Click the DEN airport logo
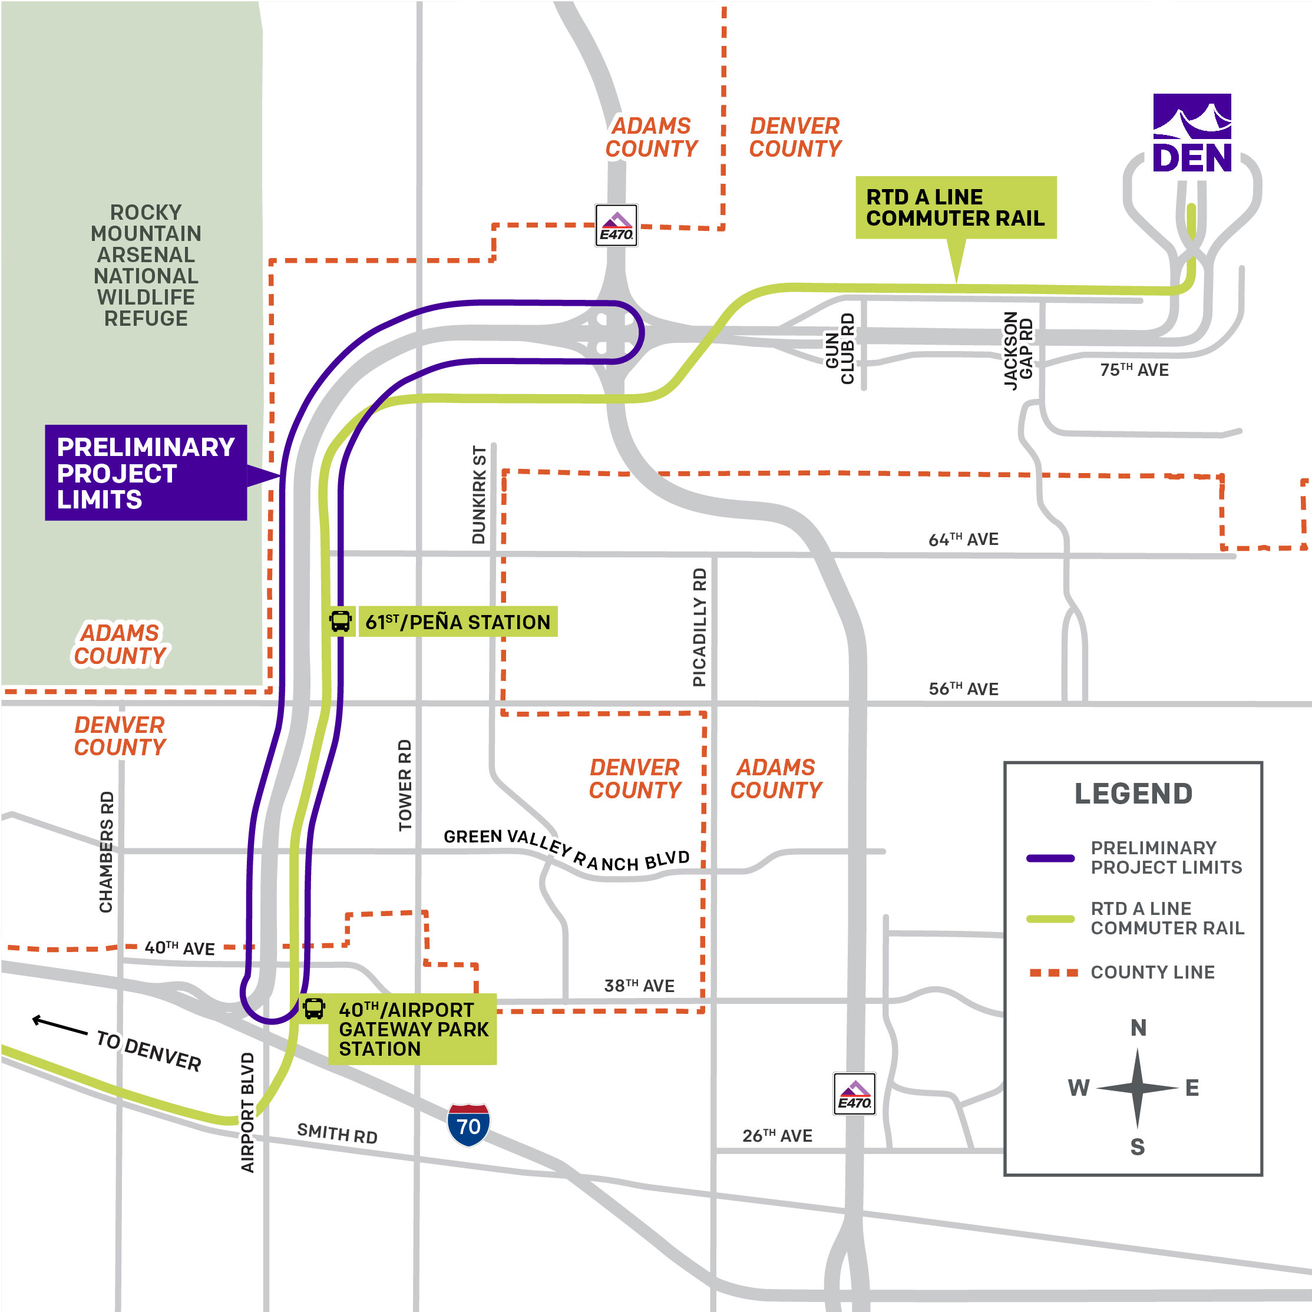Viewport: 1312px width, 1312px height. point(1192,133)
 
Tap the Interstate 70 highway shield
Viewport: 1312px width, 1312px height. point(468,1125)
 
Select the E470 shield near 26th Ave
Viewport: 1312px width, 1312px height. point(854,1094)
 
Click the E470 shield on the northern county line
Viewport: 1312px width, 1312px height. point(616,225)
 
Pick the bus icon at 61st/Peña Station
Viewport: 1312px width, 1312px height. point(340,621)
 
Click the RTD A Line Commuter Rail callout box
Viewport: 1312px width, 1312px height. point(956,207)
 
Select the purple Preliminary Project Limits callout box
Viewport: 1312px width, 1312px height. point(146,472)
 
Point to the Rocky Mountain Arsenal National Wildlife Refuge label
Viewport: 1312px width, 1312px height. point(146,266)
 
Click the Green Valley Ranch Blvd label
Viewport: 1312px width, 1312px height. point(566,850)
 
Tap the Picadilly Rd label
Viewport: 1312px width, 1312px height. point(699,627)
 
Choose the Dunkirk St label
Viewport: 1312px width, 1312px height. point(479,495)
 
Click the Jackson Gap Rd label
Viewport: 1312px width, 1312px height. point(1018,351)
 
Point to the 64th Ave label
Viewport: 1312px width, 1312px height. point(963,539)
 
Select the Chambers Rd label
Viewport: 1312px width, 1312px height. point(107,852)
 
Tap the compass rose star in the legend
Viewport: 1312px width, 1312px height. point(1138,1088)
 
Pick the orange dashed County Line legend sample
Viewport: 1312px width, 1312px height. point(1053,973)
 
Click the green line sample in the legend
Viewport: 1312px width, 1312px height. point(1050,919)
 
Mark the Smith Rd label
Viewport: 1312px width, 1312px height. point(337,1133)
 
